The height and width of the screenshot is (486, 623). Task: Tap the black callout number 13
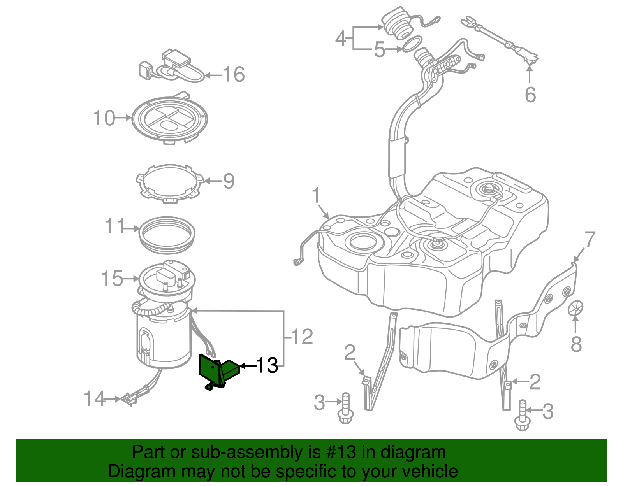(267, 365)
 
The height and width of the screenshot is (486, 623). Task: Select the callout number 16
(234, 74)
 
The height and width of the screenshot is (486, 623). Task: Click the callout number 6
(530, 95)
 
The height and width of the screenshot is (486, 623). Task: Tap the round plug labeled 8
(575, 308)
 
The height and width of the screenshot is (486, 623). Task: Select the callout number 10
(104, 118)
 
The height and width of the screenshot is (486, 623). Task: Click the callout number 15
(112, 279)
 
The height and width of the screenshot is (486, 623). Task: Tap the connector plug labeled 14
(129, 399)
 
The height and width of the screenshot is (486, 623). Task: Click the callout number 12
(302, 337)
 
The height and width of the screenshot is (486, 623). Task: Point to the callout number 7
(590, 239)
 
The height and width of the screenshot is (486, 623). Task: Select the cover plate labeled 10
(169, 119)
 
